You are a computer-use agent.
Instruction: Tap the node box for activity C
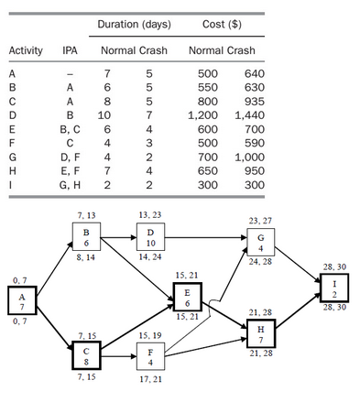[x=85, y=355]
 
